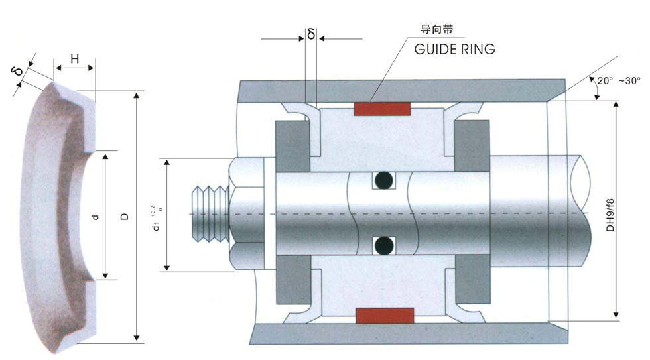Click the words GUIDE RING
tap(455, 49)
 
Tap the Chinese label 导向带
tap(437, 29)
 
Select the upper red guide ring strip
tap(382, 109)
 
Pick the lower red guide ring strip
tap(385, 316)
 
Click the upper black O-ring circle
tap(383, 180)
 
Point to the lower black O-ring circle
tap(383, 246)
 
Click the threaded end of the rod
tap(210, 213)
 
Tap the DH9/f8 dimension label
tap(610, 215)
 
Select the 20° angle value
tap(605, 80)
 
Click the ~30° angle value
tap(629, 80)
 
